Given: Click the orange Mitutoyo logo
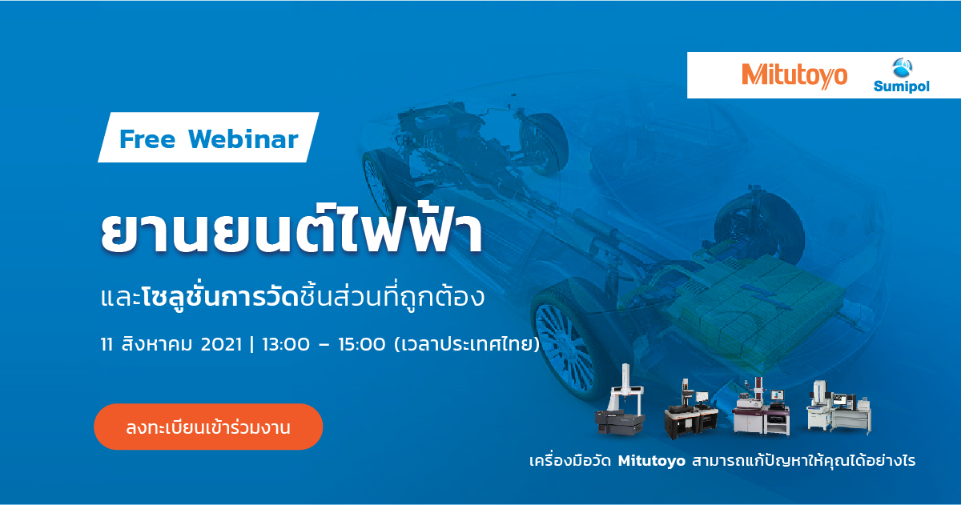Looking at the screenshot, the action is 794,76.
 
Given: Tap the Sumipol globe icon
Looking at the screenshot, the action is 902,68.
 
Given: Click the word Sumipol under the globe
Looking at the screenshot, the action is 902,86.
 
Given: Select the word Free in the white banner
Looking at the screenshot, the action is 147,139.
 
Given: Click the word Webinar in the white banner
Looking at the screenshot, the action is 243,139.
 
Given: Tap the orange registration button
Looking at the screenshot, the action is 208,427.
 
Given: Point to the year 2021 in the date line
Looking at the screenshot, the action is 221,344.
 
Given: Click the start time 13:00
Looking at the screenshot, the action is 286,344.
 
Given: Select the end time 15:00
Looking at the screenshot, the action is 362,344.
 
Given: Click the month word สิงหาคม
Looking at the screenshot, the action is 157,344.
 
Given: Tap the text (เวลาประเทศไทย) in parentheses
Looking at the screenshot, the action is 467,344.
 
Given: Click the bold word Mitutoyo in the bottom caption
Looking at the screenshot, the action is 652,461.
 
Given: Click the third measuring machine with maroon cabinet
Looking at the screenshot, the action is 761,407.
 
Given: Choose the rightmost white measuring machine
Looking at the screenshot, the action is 838,407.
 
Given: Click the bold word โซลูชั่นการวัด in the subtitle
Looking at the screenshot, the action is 220,297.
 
